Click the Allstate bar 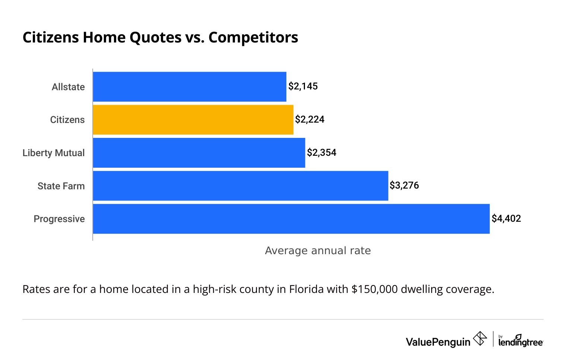tap(190, 86)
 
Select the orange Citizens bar tap(193, 120)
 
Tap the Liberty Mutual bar tap(199, 153)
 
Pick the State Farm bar tap(240, 186)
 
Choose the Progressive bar tap(291, 219)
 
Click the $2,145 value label tap(303, 86)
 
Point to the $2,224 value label tap(310, 120)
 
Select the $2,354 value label tap(322, 153)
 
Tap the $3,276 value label tap(404, 186)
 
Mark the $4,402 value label tap(506, 219)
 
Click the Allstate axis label tap(68, 87)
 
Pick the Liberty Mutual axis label tap(54, 153)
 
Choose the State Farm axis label tap(61, 186)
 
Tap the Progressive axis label tap(59, 219)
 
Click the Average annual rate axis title tap(318, 250)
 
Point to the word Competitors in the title tap(253, 37)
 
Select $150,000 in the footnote tap(375, 289)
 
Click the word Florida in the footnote tap(306, 289)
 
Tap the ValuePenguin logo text tap(438, 342)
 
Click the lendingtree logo tap(521, 341)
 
